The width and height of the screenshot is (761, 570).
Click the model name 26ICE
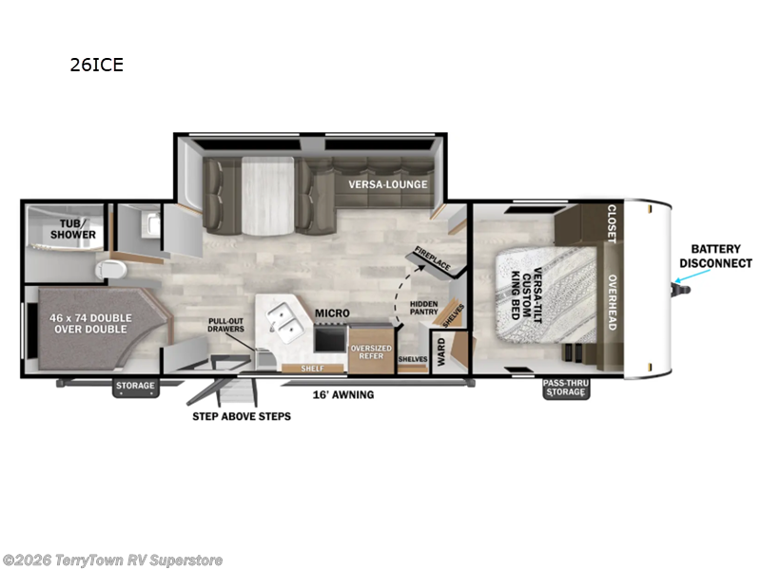click(x=96, y=66)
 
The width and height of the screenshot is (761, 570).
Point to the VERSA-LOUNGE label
click(x=387, y=184)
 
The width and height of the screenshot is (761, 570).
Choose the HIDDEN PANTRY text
click(x=423, y=310)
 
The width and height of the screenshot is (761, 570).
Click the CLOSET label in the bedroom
click(x=611, y=224)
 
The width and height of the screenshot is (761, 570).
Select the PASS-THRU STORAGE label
click(x=565, y=388)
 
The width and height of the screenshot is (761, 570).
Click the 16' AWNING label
click(x=344, y=394)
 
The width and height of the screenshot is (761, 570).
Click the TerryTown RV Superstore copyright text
click(x=113, y=560)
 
